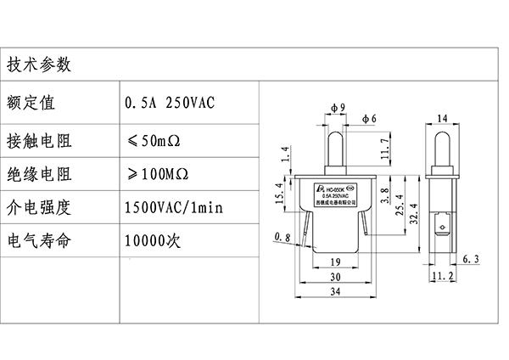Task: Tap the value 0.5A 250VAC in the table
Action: (x=171, y=103)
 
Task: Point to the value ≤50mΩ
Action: (x=156, y=139)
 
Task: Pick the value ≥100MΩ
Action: (x=156, y=175)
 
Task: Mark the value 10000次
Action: (x=153, y=240)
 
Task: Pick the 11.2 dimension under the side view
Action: (x=440, y=277)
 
